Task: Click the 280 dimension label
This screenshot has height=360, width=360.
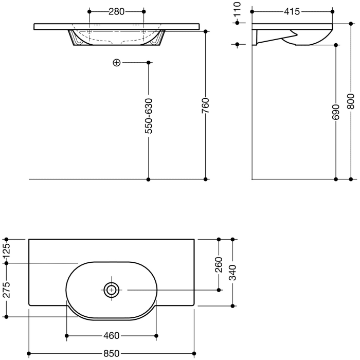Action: tap(116, 11)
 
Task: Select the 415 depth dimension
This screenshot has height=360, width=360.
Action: tap(292, 11)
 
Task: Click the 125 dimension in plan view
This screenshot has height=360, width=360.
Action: tap(7, 251)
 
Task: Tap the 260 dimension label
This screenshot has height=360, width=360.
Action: tap(219, 264)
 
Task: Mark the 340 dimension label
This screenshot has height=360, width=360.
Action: tap(233, 272)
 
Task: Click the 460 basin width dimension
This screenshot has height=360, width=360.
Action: tap(112, 336)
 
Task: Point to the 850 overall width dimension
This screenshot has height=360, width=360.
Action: tap(112, 353)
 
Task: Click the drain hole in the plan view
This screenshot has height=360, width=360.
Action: tap(111, 290)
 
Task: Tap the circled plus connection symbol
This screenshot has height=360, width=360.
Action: tap(116, 63)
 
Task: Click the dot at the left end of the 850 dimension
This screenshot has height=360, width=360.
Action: tap(29, 353)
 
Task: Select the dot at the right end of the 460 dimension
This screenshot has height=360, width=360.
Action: tap(156, 336)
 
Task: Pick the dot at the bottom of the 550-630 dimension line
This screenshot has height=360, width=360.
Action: tap(149, 179)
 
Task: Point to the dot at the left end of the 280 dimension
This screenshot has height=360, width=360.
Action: tap(89, 11)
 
